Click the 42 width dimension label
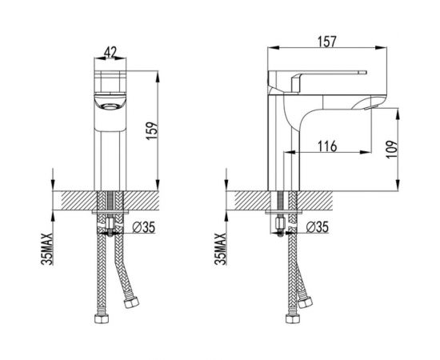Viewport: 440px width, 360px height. click(110, 52)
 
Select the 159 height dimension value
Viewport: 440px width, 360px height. click(152, 130)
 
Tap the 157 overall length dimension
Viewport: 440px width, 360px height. click(327, 42)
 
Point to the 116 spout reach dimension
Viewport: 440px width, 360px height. click(327, 146)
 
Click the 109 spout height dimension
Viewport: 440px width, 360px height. click(392, 149)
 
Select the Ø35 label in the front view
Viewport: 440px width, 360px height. click(143, 227)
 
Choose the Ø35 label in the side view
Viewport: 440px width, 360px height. click(317, 227)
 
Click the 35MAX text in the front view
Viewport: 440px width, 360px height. click(47, 249)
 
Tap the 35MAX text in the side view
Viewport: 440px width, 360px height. click(220, 249)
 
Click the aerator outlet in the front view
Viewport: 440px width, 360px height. click(110, 106)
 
